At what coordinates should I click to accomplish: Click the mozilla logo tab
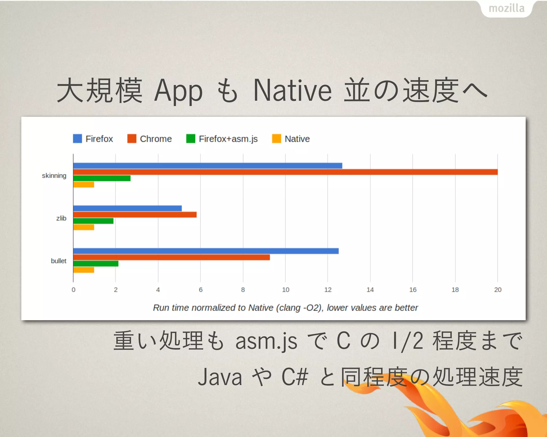506,9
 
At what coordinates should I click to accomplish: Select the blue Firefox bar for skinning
208,166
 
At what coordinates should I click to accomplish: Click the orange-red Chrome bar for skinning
285,172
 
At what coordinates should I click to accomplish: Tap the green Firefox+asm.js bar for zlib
93,221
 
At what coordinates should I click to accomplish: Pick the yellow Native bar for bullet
84,270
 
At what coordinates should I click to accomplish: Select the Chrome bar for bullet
171,257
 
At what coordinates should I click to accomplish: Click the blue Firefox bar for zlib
127,208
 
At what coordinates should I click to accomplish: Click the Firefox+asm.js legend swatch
191,139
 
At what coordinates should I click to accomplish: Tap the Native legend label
297,139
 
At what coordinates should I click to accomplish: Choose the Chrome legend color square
132,139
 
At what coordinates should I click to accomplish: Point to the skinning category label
54,176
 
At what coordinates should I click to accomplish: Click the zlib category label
61,218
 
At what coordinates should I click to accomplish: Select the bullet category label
58,261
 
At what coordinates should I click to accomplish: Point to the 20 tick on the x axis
498,290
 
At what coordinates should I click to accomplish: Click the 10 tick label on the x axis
286,290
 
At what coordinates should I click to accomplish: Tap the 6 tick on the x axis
201,290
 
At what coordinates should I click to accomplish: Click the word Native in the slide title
292,91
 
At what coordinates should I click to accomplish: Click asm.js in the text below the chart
266,341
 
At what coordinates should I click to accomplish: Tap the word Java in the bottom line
220,377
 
